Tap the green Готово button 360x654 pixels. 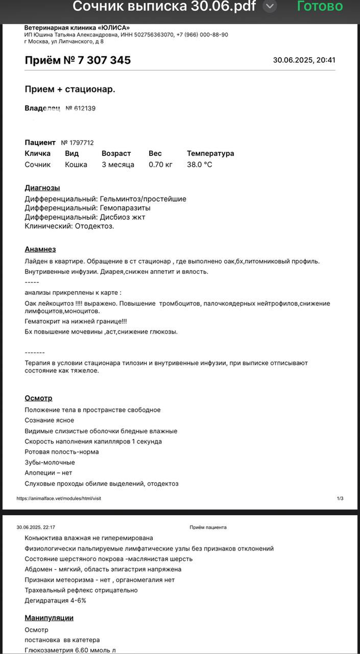point(319,7)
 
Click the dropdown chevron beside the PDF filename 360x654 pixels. point(270,7)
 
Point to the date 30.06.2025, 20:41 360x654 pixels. point(304,60)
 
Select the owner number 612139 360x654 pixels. point(81,109)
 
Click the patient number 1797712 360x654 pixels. point(77,143)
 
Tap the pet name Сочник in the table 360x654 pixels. point(38,165)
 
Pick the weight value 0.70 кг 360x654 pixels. point(160,165)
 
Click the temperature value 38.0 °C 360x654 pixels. point(200,165)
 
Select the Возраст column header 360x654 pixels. point(116,153)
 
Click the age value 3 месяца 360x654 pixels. point(118,165)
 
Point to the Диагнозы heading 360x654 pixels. point(42,188)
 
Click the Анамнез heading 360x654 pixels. point(40,250)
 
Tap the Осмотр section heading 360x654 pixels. point(39,398)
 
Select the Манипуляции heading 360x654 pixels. point(49,618)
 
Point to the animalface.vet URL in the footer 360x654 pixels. point(62,498)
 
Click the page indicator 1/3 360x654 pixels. point(340,498)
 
